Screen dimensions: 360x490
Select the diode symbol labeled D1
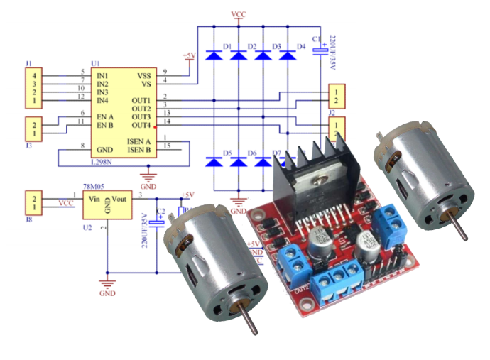tap(214, 55)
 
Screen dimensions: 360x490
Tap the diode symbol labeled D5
tap(214, 162)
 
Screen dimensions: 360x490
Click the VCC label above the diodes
tap(239, 14)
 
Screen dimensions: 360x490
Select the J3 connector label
tap(29, 146)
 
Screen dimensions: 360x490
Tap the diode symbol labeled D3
tap(263, 55)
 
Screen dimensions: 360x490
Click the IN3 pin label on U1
tap(103, 92)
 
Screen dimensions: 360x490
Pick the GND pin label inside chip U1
tap(105, 149)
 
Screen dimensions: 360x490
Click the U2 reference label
tap(87, 227)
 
